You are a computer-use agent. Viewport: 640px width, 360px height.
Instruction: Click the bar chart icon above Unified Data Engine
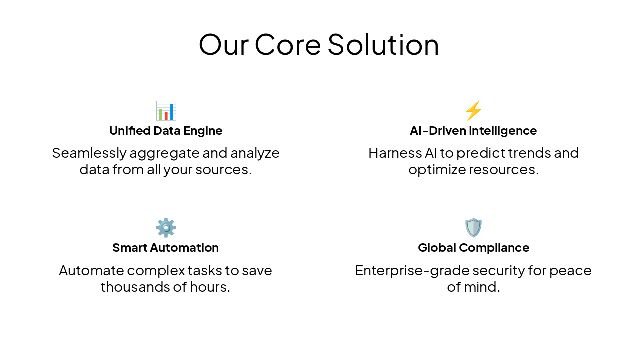(x=166, y=111)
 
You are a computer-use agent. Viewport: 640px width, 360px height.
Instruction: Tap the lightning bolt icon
(x=473, y=111)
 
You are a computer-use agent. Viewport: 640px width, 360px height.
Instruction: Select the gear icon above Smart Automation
(x=166, y=228)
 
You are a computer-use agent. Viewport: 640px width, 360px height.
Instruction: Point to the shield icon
(x=473, y=228)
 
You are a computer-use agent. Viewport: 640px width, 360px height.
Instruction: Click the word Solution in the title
(x=383, y=44)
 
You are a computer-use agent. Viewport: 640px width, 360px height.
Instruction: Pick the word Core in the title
(x=287, y=44)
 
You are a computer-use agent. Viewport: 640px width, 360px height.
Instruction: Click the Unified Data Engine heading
(x=166, y=131)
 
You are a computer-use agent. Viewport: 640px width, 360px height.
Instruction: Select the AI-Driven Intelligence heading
(x=473, y=131)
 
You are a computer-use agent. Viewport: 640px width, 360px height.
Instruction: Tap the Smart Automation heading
(x=166, y=248)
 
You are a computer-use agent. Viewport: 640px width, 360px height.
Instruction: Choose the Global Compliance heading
(x=473, y=248)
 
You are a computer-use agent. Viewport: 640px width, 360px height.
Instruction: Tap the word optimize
(x=436, y=169)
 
